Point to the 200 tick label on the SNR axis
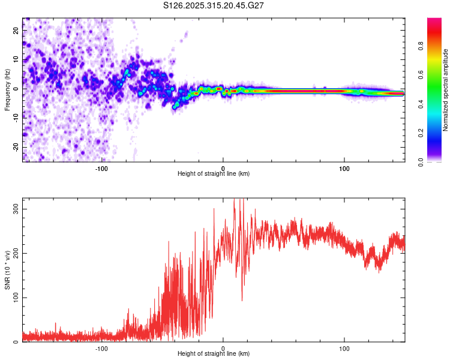click(14, 253)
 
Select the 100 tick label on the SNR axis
click(14, 298)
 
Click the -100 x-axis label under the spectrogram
click(101, 169)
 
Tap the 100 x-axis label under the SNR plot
click(344, 348)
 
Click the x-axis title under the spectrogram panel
click(213, 174)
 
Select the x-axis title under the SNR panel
click(213, 354)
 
